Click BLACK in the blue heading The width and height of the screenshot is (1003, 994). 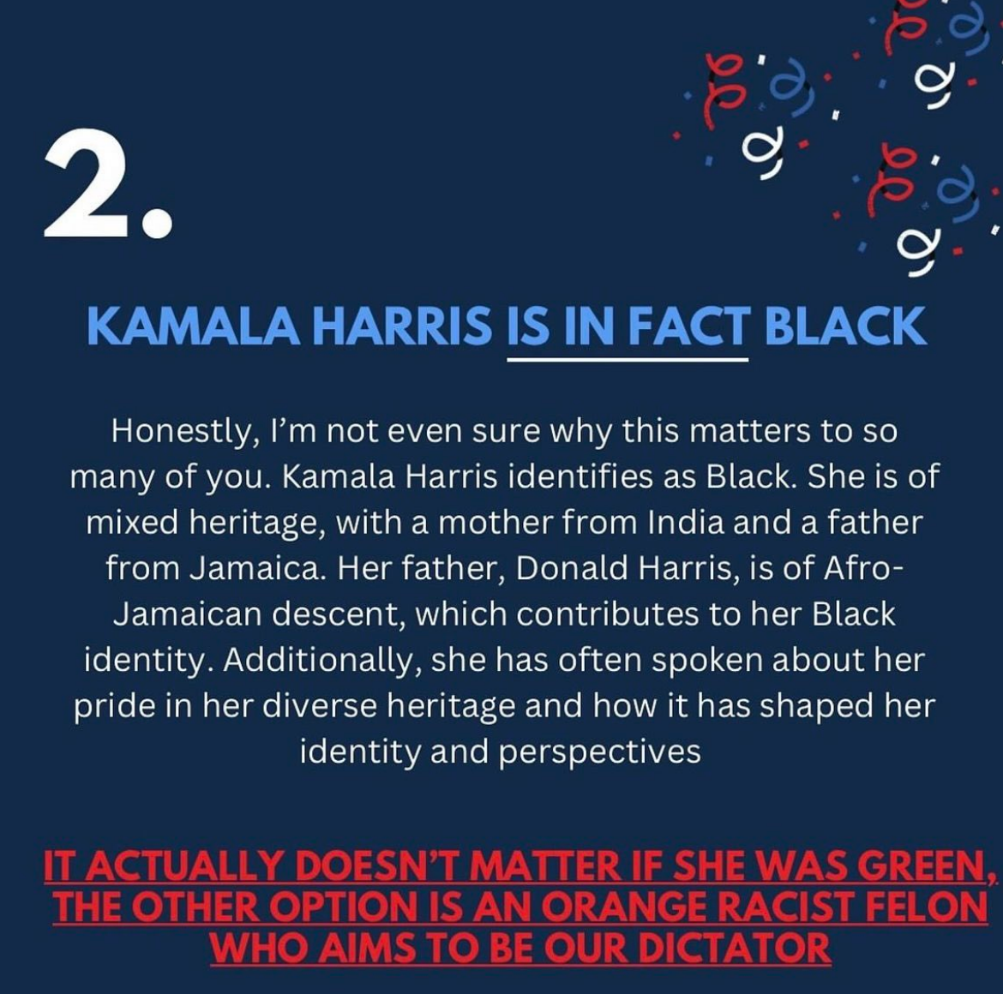click(845, 326)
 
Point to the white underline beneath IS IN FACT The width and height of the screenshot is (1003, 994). click(628, 360)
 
